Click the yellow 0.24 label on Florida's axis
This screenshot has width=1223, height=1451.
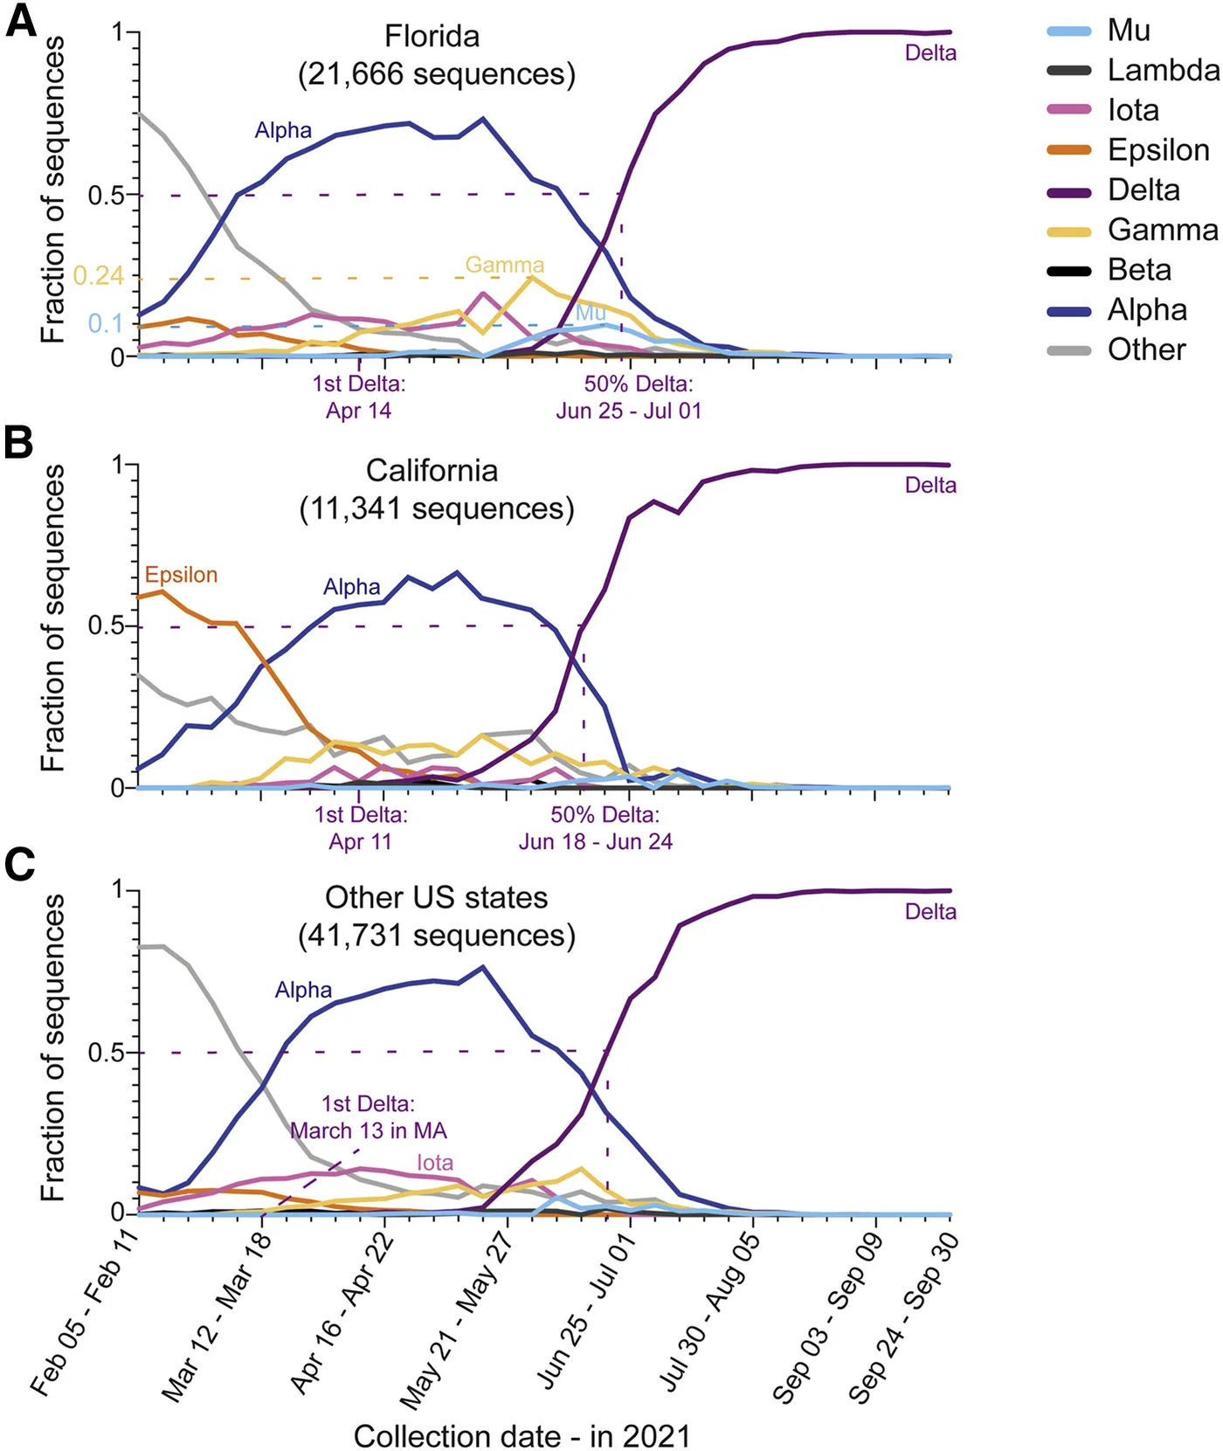pos(98,277)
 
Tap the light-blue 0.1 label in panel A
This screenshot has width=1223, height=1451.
pos(106,323)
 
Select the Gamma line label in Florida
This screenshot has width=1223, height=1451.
pos(504,265)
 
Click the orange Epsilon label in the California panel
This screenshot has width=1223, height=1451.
pos(181,575)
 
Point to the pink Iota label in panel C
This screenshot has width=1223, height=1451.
pos(434,1163)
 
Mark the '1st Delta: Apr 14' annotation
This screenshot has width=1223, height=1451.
pos(359,397)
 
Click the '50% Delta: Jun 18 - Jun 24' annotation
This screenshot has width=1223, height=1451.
pos(597,828)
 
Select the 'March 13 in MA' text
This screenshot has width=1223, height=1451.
pos(369,1131)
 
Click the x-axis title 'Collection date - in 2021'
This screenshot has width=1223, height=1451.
pos(522,1436)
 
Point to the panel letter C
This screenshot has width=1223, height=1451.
pos(19,865)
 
